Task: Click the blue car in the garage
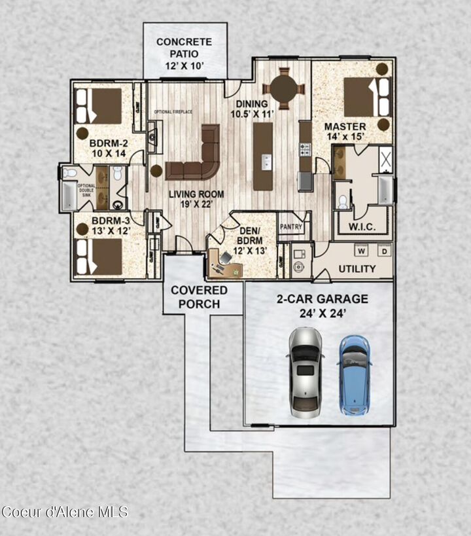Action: pyautogui.click(x=355, y=376)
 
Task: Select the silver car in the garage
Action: pyautogui.click(x=305, y=372)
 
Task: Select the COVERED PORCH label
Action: pyautogui.click(x=200, y=296)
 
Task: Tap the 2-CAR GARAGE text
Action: pyautogui.click(x=322, y=306)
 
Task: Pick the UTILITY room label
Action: pyautogui.click(x=357, y=268)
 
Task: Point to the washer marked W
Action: pyautogui.click(x=360, y=250)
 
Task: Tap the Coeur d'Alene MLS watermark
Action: pyautogui.click(x=65, y=511)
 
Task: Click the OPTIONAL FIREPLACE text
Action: pyautogui.click(x=173, y=112)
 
